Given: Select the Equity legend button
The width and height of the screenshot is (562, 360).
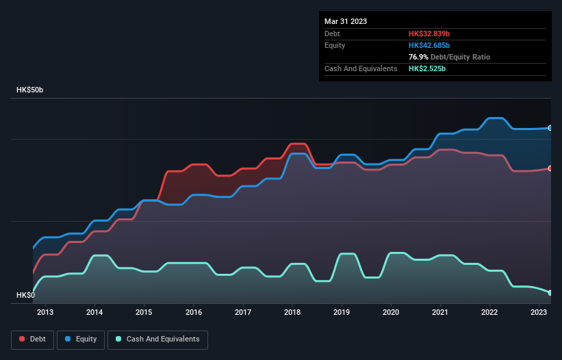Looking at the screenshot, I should click(81, 339).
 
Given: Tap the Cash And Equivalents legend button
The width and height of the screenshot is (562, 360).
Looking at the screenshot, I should click(157, 339).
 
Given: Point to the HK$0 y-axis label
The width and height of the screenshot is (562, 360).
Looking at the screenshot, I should click(26, 295).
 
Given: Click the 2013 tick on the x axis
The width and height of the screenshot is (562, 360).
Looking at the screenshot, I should click(45, 313).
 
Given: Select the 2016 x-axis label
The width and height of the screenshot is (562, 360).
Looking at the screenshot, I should click(194, 313).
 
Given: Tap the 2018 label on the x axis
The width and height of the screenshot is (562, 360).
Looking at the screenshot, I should click(292, 313).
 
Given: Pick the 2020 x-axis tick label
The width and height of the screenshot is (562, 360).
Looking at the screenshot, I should click(391, 313).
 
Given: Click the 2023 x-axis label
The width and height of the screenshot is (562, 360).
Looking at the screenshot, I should click(539, 313).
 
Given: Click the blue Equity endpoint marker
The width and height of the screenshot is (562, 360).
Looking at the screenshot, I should click(550, 128).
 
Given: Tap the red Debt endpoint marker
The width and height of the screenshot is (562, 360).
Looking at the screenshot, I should click(550, 168).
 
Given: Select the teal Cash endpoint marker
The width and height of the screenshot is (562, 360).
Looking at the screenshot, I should click(550, 293).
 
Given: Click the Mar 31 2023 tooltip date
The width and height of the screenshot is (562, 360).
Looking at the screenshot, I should click(346, 21).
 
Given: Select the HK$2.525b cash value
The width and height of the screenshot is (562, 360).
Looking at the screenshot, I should click(428, 68).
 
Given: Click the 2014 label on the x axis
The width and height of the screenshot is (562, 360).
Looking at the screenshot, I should click(94, 313).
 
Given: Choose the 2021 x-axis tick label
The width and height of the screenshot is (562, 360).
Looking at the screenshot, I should click(440, 313).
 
